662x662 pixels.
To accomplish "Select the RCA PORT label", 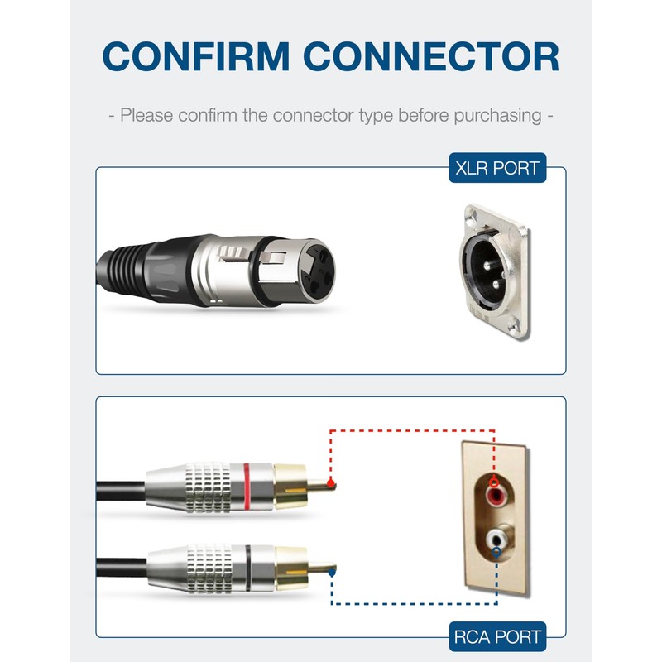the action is pos(497,636).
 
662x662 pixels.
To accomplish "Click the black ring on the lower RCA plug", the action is pos(248,565).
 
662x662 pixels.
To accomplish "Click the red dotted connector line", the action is pos(414,430).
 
